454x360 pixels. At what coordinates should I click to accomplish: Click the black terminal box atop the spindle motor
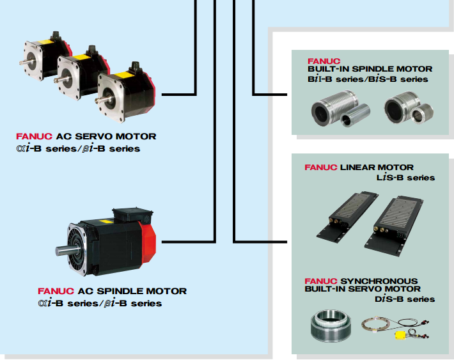pos(131,214)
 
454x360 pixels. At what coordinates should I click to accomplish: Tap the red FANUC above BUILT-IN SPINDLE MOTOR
pos(324,60)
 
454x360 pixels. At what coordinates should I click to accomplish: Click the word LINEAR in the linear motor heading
pos(358,168)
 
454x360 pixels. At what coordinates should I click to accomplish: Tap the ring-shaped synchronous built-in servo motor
pos(330,327)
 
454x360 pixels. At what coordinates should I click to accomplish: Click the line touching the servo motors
pos(179,94)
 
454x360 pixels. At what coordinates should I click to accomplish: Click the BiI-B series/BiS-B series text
pos(368,79)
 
